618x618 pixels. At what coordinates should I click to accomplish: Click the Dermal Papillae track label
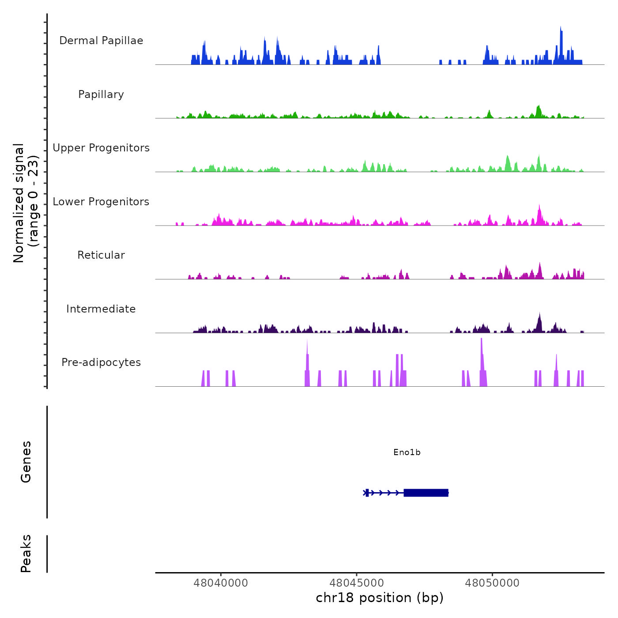click(101, 41)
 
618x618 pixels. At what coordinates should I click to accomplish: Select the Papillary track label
click(101, 94)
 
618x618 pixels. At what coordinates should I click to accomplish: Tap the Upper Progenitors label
click(101, 148)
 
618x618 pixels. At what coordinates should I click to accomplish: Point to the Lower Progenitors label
click(101, 202)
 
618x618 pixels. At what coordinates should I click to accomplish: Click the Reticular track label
click(101, 255)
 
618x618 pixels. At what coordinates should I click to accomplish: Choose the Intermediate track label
click(101, 309)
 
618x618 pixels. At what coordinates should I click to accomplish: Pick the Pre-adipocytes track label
click(101, 362)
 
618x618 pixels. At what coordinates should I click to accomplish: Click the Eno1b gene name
click(407, 452)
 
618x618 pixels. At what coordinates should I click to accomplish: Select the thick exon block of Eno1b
click(426, 493)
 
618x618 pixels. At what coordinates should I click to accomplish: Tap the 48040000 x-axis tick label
click(221, 583)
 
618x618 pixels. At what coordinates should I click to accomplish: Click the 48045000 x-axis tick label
click(357, 583)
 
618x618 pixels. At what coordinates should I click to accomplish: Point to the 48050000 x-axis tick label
click(492, 583)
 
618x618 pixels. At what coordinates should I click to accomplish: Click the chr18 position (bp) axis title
click(380, 598)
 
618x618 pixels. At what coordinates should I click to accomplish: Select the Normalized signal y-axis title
click(26, 203)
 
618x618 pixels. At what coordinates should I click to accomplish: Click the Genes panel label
click(26, 461)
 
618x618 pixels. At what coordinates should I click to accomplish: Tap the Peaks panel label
click(26, 554)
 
